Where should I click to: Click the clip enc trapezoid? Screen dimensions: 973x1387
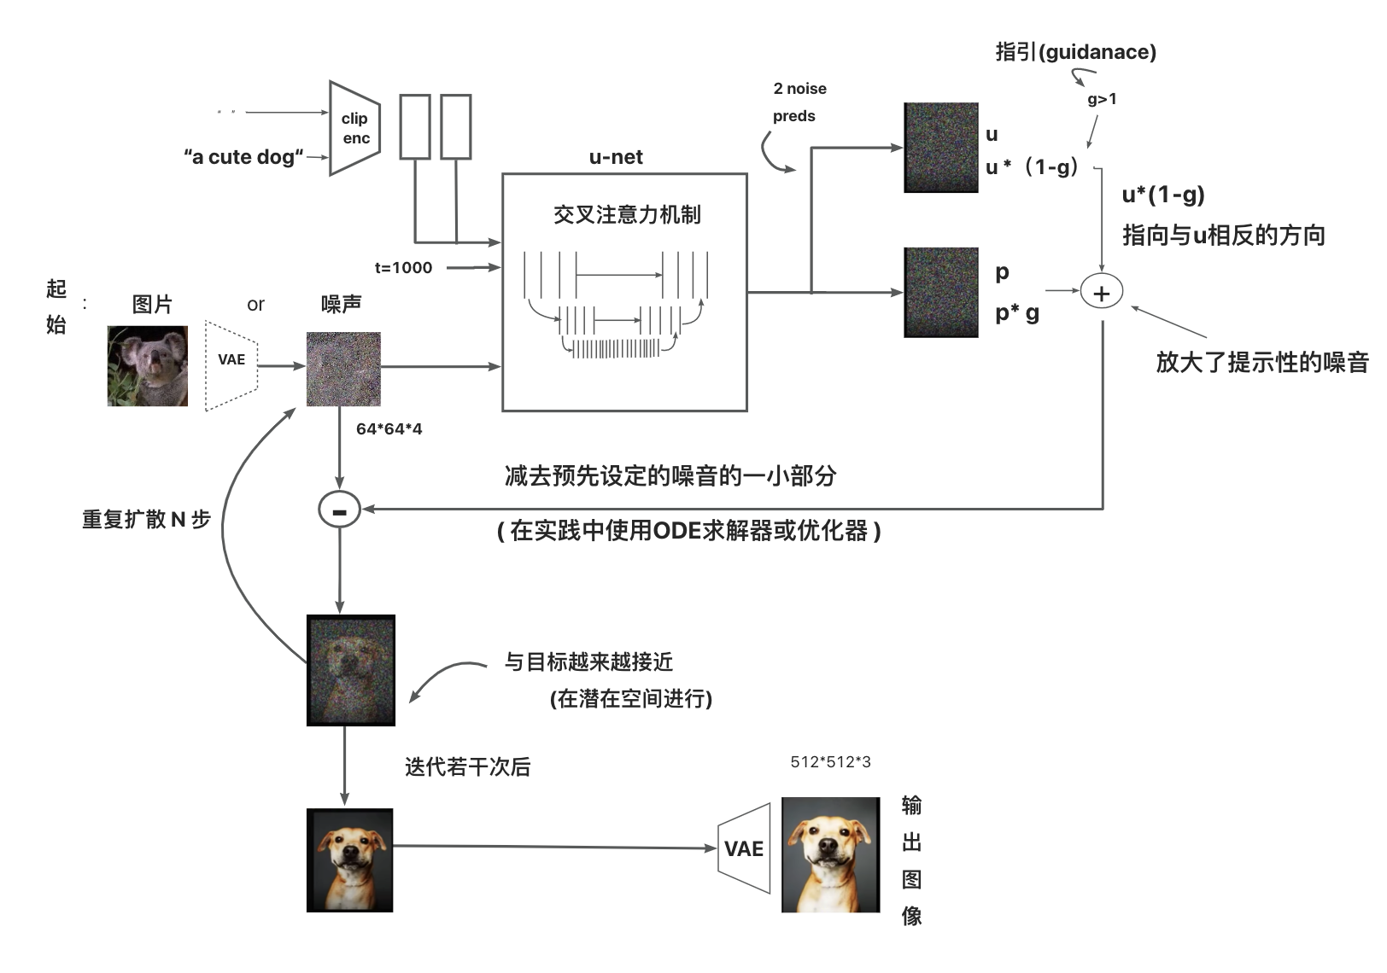(354, 129)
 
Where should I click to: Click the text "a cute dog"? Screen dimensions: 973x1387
(244, 157)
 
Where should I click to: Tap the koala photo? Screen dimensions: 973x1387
(147, 365)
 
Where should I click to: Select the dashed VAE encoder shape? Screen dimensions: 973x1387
(231, 365)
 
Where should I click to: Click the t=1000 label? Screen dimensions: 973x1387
(403, 267)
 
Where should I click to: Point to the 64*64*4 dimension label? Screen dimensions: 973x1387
(389, 428)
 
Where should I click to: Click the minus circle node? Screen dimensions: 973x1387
(339, 510)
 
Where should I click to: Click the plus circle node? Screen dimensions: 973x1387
(1102, 293)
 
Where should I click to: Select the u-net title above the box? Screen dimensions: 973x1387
(616, 157)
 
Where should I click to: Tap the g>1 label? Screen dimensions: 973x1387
(1102, 99)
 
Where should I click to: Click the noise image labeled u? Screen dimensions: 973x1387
(940, 148)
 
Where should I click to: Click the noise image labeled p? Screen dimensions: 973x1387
(940, 293)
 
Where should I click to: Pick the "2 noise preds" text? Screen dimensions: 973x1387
(799, 102)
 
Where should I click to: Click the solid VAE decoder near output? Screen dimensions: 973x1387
(744, 848)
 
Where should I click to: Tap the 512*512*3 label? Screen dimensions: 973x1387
(830, 761)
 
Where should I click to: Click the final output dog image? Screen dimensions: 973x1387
(830, 854)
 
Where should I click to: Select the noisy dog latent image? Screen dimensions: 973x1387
(350, 670)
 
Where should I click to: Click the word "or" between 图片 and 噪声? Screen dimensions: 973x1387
(255, 304)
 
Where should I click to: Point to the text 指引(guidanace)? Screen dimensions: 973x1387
(1075, 52)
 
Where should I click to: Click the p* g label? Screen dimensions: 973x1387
(1016, 313)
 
